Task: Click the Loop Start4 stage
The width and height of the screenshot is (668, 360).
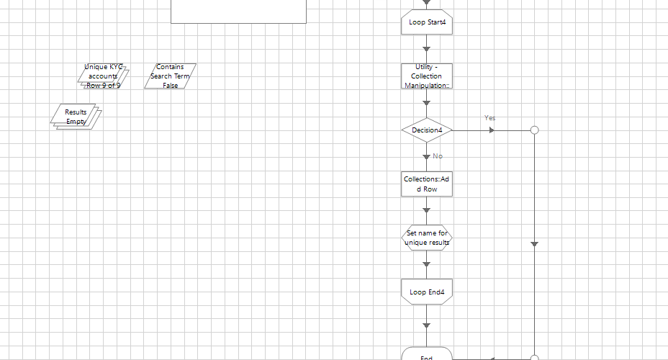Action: coord(426,22)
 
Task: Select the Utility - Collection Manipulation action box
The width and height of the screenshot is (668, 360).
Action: coord(426,76)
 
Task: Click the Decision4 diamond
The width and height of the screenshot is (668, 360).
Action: coord(426,130)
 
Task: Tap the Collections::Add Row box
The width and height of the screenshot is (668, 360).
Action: coord(426,184)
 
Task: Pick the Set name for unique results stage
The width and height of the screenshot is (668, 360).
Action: coord(426,238)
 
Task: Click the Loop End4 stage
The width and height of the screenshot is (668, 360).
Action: coord(426,292)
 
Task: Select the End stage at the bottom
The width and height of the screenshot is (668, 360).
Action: coord(426,354)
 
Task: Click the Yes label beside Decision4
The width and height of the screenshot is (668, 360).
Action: coord(489,117)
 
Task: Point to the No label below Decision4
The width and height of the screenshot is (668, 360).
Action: coord(437,156)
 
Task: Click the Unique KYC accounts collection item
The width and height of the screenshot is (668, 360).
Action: coord(104,76)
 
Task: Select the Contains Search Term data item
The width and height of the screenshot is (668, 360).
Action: coord(170,76)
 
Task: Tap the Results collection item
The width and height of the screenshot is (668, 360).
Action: coord(76,117)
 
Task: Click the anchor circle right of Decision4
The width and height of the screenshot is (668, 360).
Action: coord(534,130)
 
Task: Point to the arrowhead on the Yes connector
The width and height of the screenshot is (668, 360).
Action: coord(492,130)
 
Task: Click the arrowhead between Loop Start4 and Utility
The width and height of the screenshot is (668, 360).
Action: coord(426,49)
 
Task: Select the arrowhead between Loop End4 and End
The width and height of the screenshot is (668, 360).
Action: coord(426,325)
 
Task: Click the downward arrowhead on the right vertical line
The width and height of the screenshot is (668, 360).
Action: coord(534,245)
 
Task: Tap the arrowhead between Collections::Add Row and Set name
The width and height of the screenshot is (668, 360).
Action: coord(426,210)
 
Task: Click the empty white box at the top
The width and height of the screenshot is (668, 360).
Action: coord(238,11)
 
